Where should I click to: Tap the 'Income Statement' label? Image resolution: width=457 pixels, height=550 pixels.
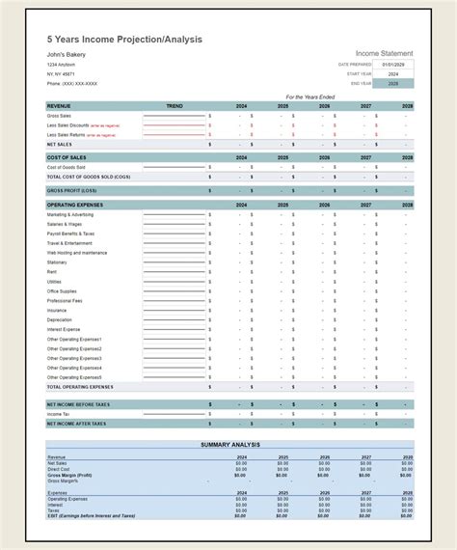click(x=384, y=53)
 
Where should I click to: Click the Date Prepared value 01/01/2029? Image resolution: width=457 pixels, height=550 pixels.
click(x=394, y=64)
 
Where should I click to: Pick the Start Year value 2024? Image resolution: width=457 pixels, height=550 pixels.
click(x=394, y=73)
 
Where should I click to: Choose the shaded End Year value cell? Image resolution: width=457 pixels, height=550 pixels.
click(x=394, y=83)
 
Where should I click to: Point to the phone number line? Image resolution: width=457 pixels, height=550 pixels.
click(x=73, y=83)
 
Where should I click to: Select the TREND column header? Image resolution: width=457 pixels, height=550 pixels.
click(x=175, y=105)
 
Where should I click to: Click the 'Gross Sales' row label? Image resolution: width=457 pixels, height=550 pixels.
click(x=59, y=115)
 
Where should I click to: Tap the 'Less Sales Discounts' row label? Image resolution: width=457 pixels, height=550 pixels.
click(x=68, y=124)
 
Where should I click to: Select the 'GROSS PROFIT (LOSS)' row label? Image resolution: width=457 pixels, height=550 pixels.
click(x=71, y=190)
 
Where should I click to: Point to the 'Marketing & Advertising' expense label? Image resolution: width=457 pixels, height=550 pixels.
click(x=70, y=214)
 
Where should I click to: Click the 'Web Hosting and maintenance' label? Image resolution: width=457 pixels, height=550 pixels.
click(x=77, y=253)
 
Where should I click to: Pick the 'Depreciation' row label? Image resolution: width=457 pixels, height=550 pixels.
click(x=60, y=319)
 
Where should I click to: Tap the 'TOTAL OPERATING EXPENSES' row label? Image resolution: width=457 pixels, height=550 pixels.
click(x=80, y=386)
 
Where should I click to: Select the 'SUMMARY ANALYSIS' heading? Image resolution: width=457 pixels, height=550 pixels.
click(x=229, y=444)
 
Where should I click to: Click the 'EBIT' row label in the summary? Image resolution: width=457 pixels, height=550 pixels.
click(x=92, y=517)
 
